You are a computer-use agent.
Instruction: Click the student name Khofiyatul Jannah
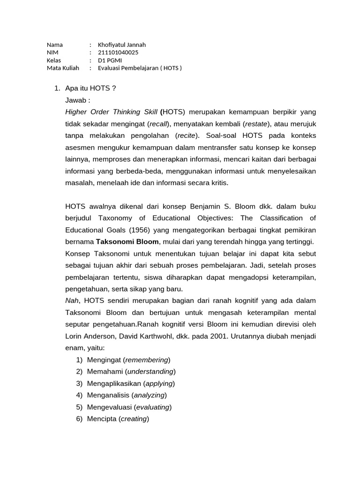click(122, 45)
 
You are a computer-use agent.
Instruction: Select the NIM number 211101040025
click(118, 52)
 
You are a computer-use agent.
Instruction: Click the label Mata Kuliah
click(63, 68)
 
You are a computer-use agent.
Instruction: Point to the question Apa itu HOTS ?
click(90, 88)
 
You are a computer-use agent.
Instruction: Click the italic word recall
click(159, 124)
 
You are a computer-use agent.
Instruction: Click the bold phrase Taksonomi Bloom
click(127, 241)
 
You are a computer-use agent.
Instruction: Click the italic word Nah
click(72, 300)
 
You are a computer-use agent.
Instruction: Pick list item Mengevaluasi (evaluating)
click(129, 407)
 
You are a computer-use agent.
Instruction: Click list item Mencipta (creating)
click(118, 419)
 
